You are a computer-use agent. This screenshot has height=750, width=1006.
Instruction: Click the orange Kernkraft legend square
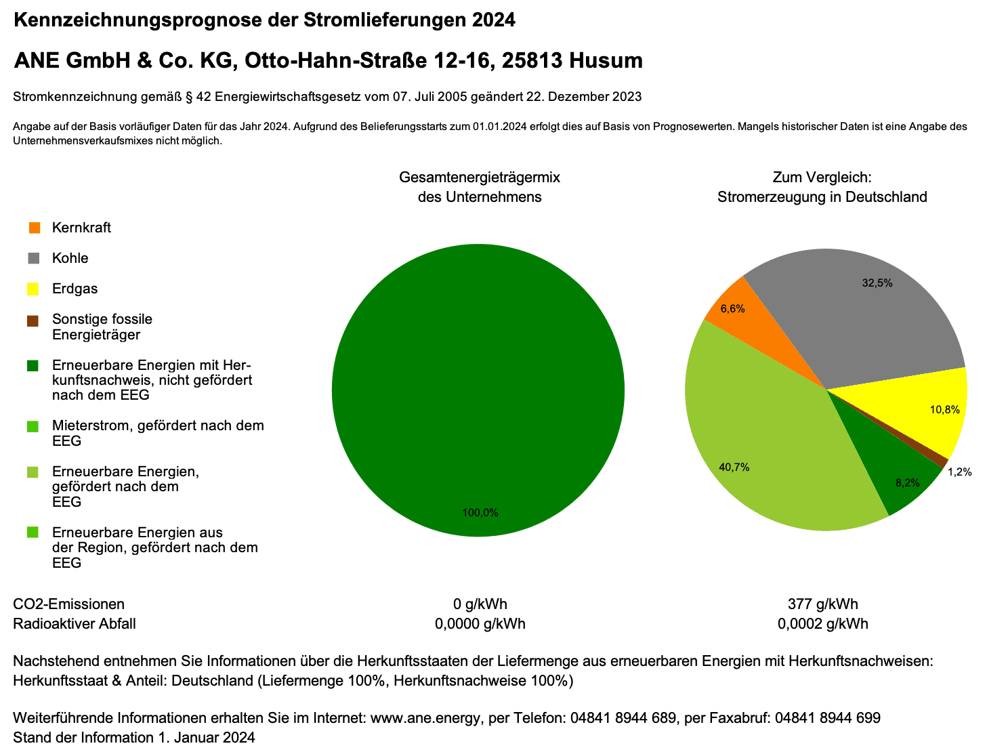point(35,228)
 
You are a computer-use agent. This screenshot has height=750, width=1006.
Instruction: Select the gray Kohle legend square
point(35,258)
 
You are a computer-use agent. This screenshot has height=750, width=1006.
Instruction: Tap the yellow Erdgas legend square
point(35,289)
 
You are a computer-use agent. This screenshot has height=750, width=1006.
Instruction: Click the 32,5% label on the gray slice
point(877,283)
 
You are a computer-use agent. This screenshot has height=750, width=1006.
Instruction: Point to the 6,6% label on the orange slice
point(732,309)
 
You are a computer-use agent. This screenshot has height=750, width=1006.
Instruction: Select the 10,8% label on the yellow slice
point(944,410)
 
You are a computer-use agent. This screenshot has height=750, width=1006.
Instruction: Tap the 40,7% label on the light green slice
point(734,467)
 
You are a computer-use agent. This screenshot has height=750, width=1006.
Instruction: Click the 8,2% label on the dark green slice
point(907,483)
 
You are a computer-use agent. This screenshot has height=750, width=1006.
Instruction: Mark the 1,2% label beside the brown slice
point(959,472)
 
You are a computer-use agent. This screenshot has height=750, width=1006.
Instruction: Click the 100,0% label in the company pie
point(480,513)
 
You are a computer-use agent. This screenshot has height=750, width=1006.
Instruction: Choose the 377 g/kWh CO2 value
point(822,604)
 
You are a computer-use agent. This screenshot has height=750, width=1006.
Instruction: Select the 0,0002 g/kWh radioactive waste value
point(822,624)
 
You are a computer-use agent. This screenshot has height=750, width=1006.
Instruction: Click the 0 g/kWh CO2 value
point(480,604)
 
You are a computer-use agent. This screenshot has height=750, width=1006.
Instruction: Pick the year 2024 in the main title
point(494,20)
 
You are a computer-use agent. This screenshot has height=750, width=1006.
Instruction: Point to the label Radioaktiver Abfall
point(75,624)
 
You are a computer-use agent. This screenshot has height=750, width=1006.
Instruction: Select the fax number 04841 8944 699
point(827,718)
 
